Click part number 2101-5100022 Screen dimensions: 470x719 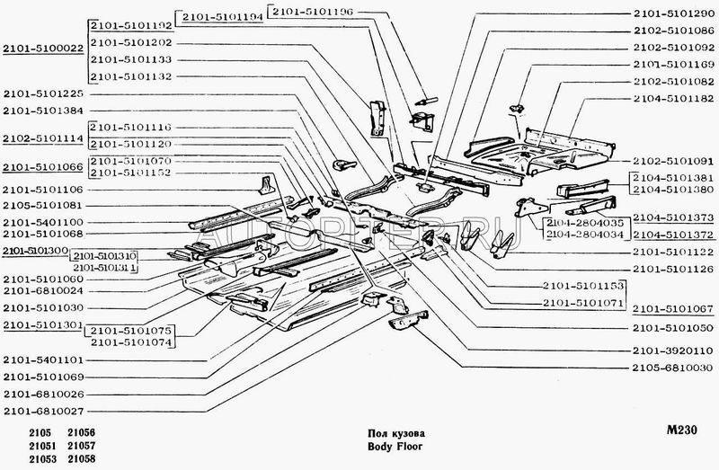[42, 49]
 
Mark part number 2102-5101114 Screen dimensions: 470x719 [42, 139]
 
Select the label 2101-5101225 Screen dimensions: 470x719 [44, 93]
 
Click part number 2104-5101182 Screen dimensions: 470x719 [672, 98]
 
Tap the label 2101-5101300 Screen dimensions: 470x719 [35, 249]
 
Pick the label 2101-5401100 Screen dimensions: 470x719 [44, 221]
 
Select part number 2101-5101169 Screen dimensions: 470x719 [672, 65]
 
